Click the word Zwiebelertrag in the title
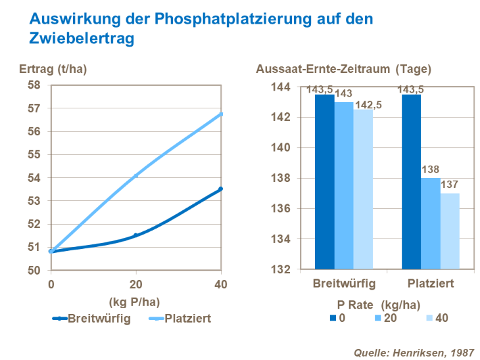[82, 39]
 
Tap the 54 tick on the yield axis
[34, 178]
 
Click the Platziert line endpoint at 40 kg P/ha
[221, 114]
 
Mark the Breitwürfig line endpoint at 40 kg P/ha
[221, 189]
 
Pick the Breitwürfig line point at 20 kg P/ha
[136, 235]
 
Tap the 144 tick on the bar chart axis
[281, 87]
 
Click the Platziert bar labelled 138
[431, 223]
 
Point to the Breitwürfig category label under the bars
[343, 284]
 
